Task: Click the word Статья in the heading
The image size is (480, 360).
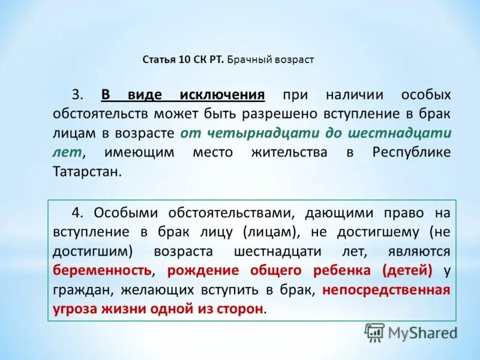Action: [158, 60]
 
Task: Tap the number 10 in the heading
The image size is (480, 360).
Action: [184, 60]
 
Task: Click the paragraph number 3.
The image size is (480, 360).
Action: [77, 95]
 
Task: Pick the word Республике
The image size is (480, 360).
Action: [411, 152]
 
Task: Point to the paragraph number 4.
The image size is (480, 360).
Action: [77, 213]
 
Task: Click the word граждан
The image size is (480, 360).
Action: [82, 290]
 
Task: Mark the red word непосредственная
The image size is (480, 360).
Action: [386, 290]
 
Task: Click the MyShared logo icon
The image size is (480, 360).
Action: [374, 332]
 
